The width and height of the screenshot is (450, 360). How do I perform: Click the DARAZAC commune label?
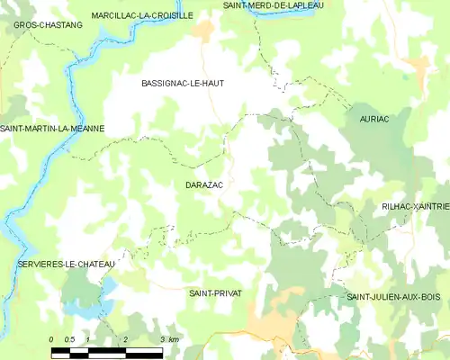(x=203, y=184)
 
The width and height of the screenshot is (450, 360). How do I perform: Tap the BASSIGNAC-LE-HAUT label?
(x=183, y=83)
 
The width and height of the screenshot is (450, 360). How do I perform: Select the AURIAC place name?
(x=373, y=119)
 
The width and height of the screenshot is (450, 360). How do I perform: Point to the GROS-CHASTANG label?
(x=48, y=25)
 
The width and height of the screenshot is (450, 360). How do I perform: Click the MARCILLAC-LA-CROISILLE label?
(x=142, y=15)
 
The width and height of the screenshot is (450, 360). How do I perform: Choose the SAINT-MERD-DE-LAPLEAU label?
(x=274, y=5)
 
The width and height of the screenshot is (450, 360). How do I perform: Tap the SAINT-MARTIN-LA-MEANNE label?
(x=52, y=129)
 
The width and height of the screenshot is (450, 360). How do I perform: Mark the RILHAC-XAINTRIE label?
(x=415, y=206)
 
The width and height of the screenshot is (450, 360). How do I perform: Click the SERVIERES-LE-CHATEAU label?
(x=66, y=264)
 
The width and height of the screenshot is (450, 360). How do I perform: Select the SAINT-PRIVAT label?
(x=215, y=293)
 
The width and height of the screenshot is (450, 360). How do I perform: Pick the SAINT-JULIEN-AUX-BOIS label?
(x=393, y=296)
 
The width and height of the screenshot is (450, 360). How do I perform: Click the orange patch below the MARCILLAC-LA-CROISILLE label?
(x=204, y=31)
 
